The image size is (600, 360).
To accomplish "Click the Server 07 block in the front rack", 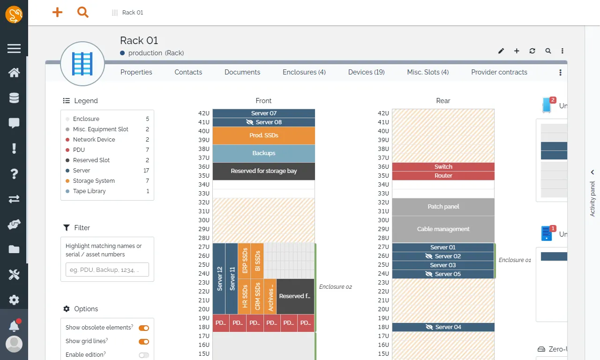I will tap(263, 113).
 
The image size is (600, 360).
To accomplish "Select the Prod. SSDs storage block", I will tap(263, 135).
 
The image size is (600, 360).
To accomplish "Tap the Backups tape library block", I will tap(263, 153).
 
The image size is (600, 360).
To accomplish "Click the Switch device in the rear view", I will tap(443, 167).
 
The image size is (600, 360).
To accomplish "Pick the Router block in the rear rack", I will tap(443, 176).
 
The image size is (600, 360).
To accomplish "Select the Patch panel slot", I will tap(443, 207).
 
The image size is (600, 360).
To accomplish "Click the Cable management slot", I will tap(443, 229).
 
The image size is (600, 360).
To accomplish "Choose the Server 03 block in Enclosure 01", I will tap(443, 265).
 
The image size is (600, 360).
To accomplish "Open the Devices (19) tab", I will tap(366, 72).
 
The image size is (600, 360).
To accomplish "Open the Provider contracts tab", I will tap(499, 72).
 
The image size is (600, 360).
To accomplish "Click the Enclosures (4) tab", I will tap(304, 72).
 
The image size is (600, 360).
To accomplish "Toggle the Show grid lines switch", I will tap(144, 342).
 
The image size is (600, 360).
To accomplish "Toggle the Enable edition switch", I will tap(144, 355).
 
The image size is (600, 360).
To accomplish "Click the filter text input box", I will tap(107, 270).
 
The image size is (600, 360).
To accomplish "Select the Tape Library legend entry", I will tap(89, 191).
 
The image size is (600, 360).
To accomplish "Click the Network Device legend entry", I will tap(94, 140).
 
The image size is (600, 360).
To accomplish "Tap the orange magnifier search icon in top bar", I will tap(83, 13).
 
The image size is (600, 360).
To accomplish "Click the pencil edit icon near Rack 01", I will tap(501, 51).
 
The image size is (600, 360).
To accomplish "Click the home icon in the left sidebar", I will tap(14, 73).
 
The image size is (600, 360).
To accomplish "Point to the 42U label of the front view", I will tap(204, 113).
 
